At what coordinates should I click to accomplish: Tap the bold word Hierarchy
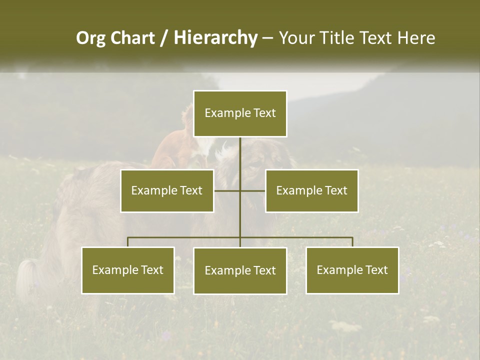pos(215,38)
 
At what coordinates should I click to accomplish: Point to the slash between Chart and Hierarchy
pos(163,38)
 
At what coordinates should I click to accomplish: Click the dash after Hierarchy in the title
pos(267,38)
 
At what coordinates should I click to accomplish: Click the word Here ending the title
pos(416,38)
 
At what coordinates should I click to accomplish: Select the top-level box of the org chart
pos(240,113)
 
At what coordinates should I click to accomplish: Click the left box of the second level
pos(167,190)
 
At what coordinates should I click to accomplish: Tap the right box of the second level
pos(312,190)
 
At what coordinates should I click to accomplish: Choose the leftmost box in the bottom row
pos(128,270)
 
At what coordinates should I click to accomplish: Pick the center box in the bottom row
pos(240,270)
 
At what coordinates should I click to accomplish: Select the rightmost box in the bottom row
pos(352,270)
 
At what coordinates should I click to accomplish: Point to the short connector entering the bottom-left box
pos(128,242)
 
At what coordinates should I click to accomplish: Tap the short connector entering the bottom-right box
pos(352,242)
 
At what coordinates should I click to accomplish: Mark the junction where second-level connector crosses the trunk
pos(240,190)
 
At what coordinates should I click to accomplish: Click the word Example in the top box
pos(222,113)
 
